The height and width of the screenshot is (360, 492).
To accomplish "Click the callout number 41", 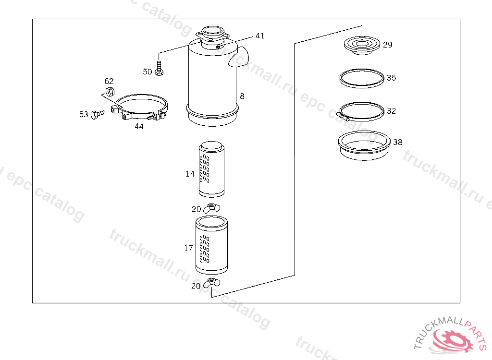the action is click(260, 36).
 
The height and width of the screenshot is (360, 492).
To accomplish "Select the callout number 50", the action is click(148, 72).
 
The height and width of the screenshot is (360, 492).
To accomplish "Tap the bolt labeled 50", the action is click(159, 68).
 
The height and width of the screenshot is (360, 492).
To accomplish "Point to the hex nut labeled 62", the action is click(110, 92).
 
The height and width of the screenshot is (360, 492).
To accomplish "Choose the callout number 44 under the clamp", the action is click(139, 126).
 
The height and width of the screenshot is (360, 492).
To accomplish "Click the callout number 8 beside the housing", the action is click(242, 96).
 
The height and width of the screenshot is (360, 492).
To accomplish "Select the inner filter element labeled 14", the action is click(211, 169).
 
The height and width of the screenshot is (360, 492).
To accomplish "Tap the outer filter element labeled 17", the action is click(211, 245).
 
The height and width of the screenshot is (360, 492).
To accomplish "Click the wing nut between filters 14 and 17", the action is click(211, 208).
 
